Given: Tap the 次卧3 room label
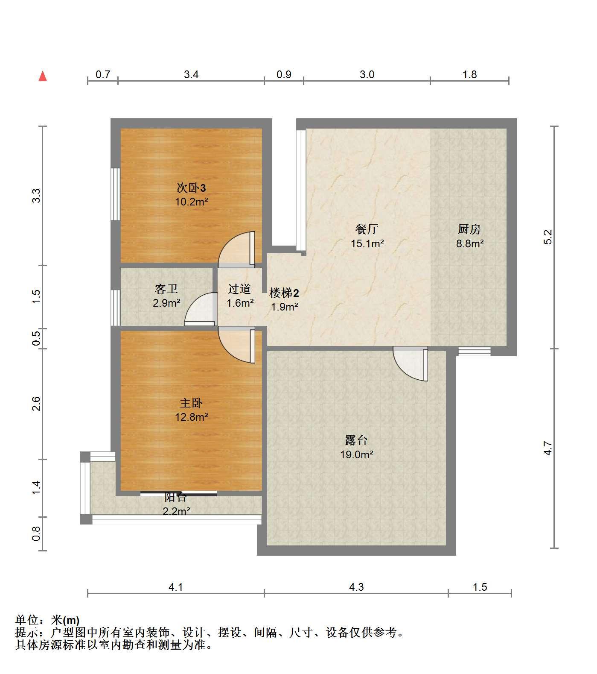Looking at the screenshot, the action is (x=191, y=188).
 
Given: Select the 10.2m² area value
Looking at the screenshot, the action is (x=191, y=202).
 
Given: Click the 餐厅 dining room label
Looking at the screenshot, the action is (x=367, y=229).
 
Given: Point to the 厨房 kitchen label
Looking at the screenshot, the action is (x=469, y=229).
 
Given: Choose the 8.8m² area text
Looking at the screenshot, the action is (x=469, y=244).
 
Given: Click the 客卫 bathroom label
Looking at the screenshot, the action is (x=166, y=289).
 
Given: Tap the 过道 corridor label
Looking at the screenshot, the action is (x=239, y=289).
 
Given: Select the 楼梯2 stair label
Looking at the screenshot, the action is (x=284, y=293).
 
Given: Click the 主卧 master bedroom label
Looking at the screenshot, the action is (x=191, y=403).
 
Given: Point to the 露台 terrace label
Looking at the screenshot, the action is (x=356, y=440).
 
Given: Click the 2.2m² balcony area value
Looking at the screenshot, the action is (x=176, y=511).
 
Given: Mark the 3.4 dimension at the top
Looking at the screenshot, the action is (x=191, y=74).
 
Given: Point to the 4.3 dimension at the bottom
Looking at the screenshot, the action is (x=356, y=587).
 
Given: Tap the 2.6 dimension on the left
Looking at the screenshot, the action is (x=36, y=404).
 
